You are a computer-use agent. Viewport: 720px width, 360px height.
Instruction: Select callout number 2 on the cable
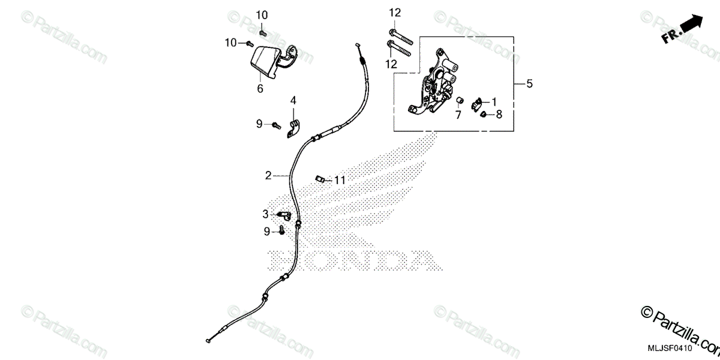tap(268, 176)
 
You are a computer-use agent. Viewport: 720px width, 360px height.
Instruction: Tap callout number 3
tap(265, 214)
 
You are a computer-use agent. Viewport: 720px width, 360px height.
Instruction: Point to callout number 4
tap(294, 100)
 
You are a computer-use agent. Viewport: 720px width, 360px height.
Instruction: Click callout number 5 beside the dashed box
tap(529, 84)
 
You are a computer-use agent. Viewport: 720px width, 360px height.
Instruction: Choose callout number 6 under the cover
tap(260, 88)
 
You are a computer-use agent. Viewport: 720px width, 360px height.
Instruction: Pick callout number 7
tap(458, 115)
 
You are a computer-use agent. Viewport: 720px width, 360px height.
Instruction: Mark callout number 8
tap(499, 113)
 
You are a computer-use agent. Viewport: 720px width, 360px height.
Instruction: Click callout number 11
tap(340, 179)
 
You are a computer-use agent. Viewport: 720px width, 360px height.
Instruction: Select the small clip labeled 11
tap(320, 178)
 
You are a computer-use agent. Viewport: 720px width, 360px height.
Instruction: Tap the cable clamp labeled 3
tap(284, 214)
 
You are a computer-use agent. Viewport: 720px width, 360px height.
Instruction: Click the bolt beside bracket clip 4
tap(276, 125)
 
